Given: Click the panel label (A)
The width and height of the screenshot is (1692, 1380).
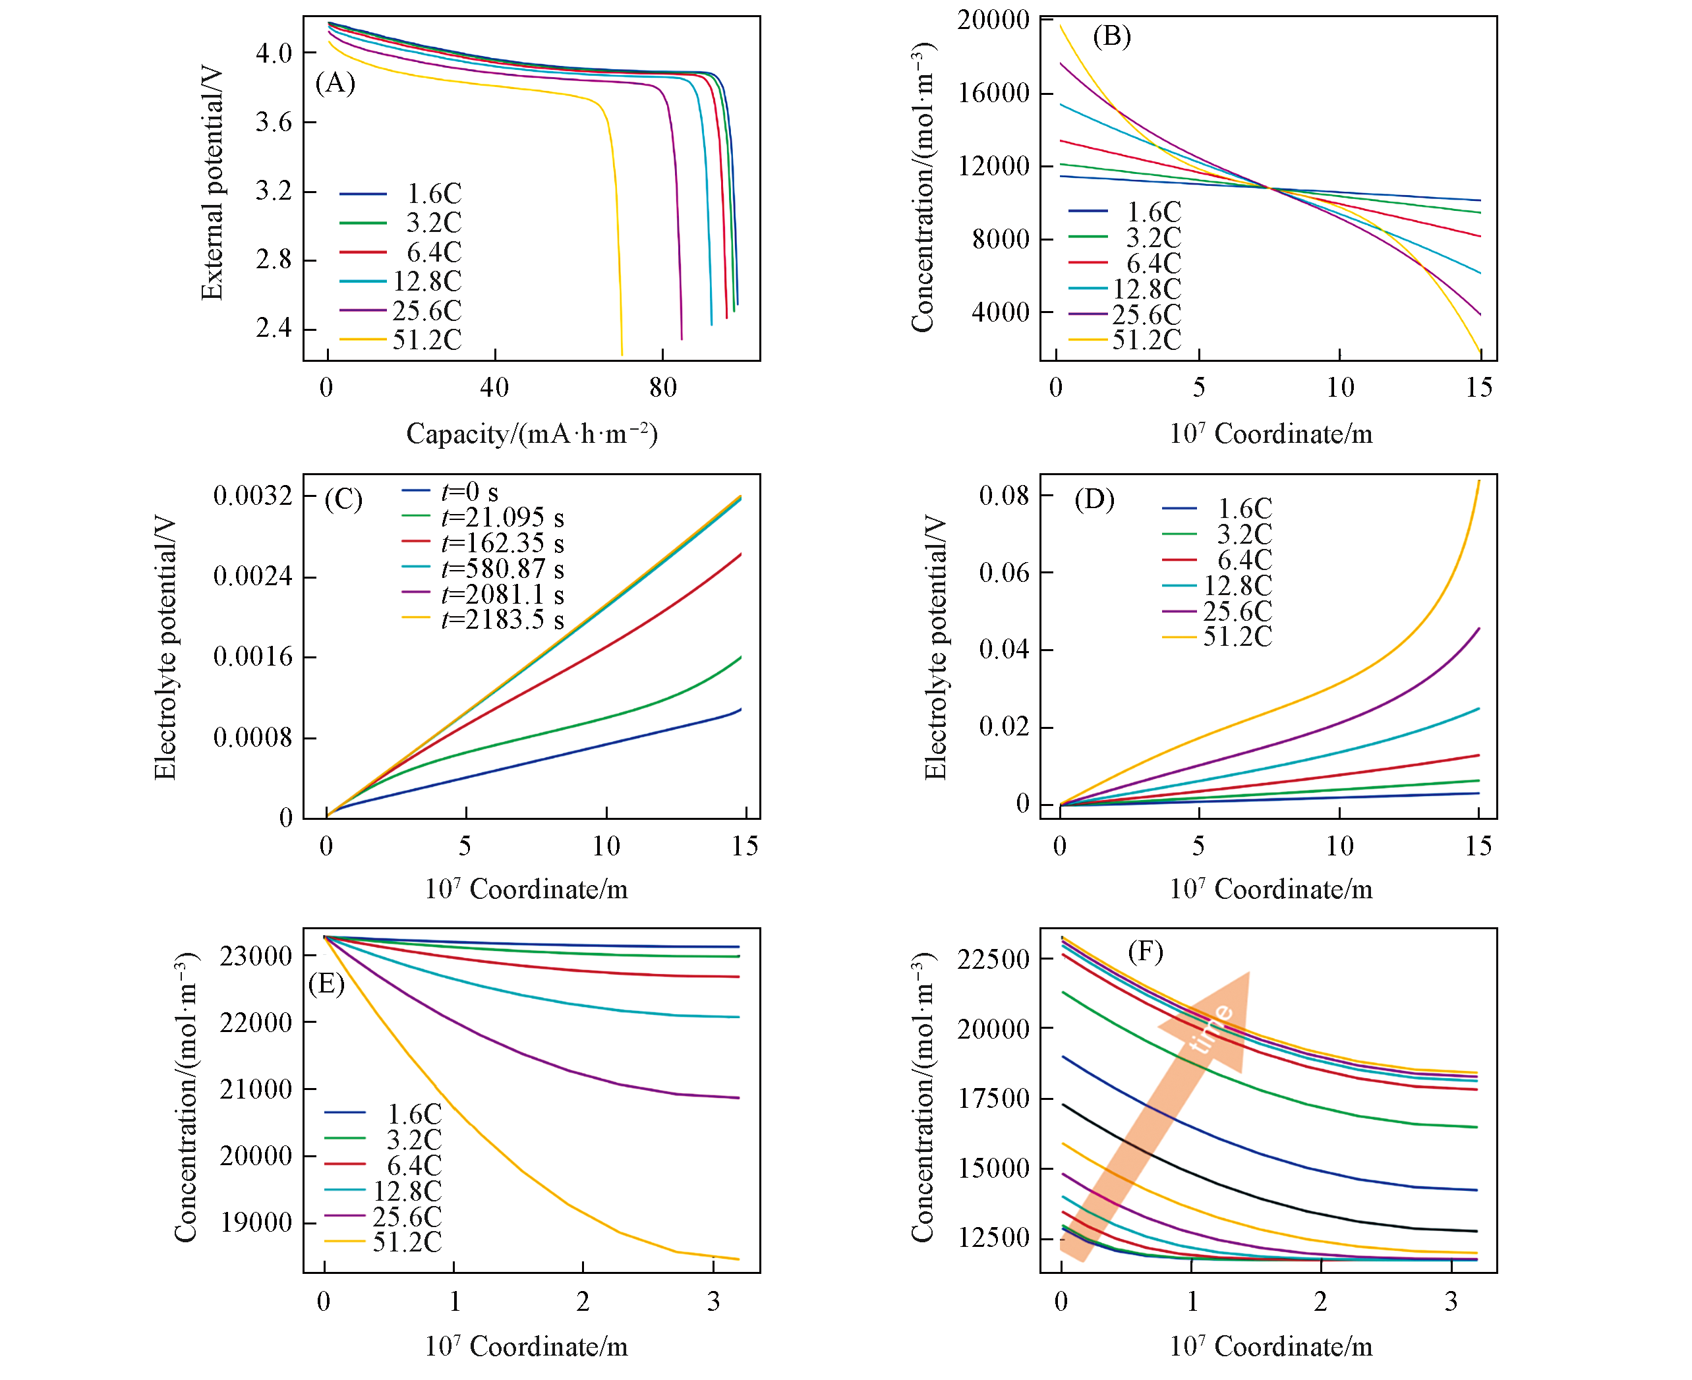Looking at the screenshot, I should (x=335, y=82).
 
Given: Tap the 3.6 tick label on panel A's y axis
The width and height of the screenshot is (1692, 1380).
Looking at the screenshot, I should (x=274, y=123).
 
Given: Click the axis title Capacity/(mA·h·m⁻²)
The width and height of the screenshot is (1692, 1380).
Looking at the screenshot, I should (x=532, y=434).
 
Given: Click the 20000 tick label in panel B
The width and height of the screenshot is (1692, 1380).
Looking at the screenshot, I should (x=993, y=20).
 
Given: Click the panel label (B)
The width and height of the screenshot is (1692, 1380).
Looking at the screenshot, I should (x=1111, y=36).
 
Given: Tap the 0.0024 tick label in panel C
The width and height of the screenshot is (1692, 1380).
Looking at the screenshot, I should (x=253, y=577).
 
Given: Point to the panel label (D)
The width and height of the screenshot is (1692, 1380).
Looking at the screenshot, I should (x=1094, y=500).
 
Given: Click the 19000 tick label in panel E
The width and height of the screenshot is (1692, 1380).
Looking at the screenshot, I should (x=256, y=1222).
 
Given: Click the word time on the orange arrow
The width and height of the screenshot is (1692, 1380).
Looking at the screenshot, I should (x=1210, y=1028).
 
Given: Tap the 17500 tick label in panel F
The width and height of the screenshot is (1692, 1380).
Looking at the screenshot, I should (x=993, y=1099).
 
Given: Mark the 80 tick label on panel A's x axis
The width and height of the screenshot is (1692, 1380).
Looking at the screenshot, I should (x=663, y=388).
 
